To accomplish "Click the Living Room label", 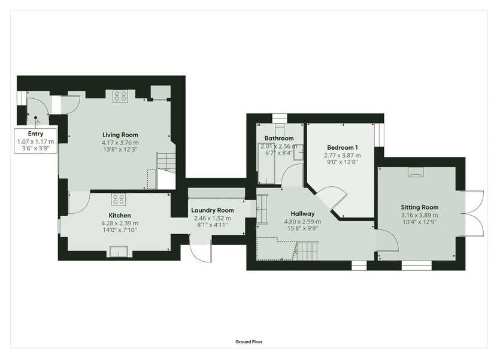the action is coord(120,135).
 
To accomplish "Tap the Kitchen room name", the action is coord(120,215).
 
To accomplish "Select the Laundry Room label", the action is coord(213,210).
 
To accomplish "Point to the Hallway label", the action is coord(302,214).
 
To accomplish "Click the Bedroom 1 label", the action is coord(343,147).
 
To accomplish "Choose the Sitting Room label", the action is coord(420,207).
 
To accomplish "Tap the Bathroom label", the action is coord(279,138).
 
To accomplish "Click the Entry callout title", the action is coord(35,134).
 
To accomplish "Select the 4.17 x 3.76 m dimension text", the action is coord(120,143).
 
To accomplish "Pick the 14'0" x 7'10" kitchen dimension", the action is coord(120,230).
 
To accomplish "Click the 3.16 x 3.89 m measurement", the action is coord(419,215).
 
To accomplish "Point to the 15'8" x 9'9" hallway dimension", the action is coord(302,228).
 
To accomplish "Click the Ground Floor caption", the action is coord(249,341).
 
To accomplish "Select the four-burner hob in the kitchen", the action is coord(119,199).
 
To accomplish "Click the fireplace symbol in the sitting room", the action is coord(416,172).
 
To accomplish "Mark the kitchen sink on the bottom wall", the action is coord(119,252).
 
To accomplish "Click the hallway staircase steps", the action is coord(306,251).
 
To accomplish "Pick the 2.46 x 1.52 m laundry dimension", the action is coord(213,218).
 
